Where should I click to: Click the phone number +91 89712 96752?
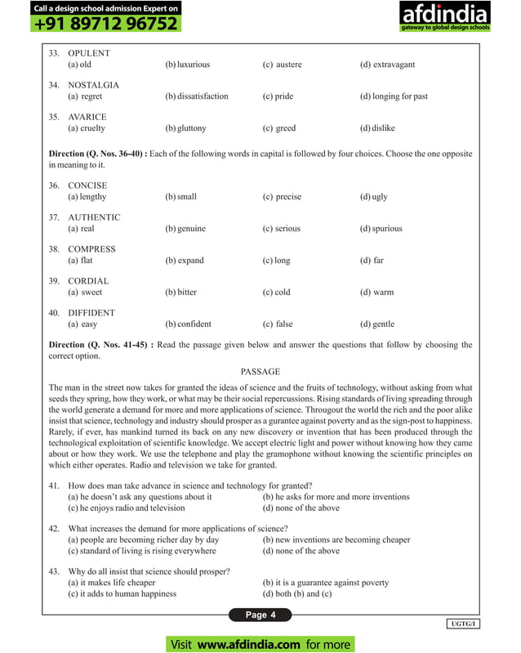click(106, 24)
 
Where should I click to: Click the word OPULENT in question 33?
click(88, 53)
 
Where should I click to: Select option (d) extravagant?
click(387, 65)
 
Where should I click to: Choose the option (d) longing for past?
click(394, 96)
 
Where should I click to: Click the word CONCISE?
click(87, 186)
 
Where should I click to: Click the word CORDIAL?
click(88, 281)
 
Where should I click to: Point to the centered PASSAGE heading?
click(260, 371)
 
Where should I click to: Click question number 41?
click(55, 485)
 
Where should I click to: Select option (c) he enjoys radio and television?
click(127, 508)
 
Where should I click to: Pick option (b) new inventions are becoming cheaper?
click(336, 539)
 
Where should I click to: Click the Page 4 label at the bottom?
click(260, 615)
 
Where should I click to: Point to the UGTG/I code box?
click(464, 624)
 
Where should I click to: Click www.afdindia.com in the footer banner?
click(248, 644)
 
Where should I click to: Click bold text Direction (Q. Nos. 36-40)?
click(97, 154)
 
